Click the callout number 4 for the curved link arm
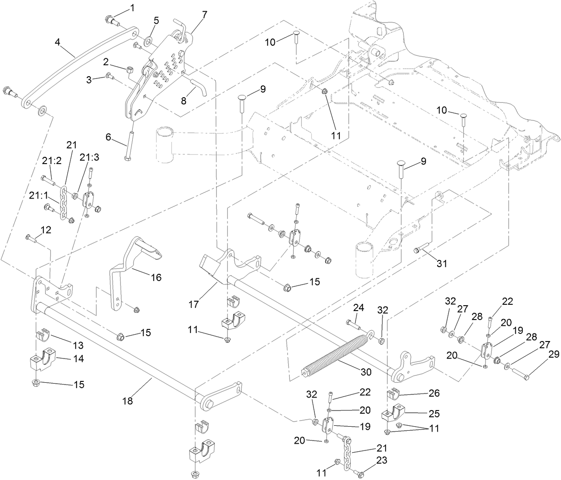click(x=57, y=43)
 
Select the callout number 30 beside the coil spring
click(x=366, y=372)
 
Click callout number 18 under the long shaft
click(x=128, y=401)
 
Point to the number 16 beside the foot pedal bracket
click(x=156, y=277)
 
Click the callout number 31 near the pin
click(x=442, y=264)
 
